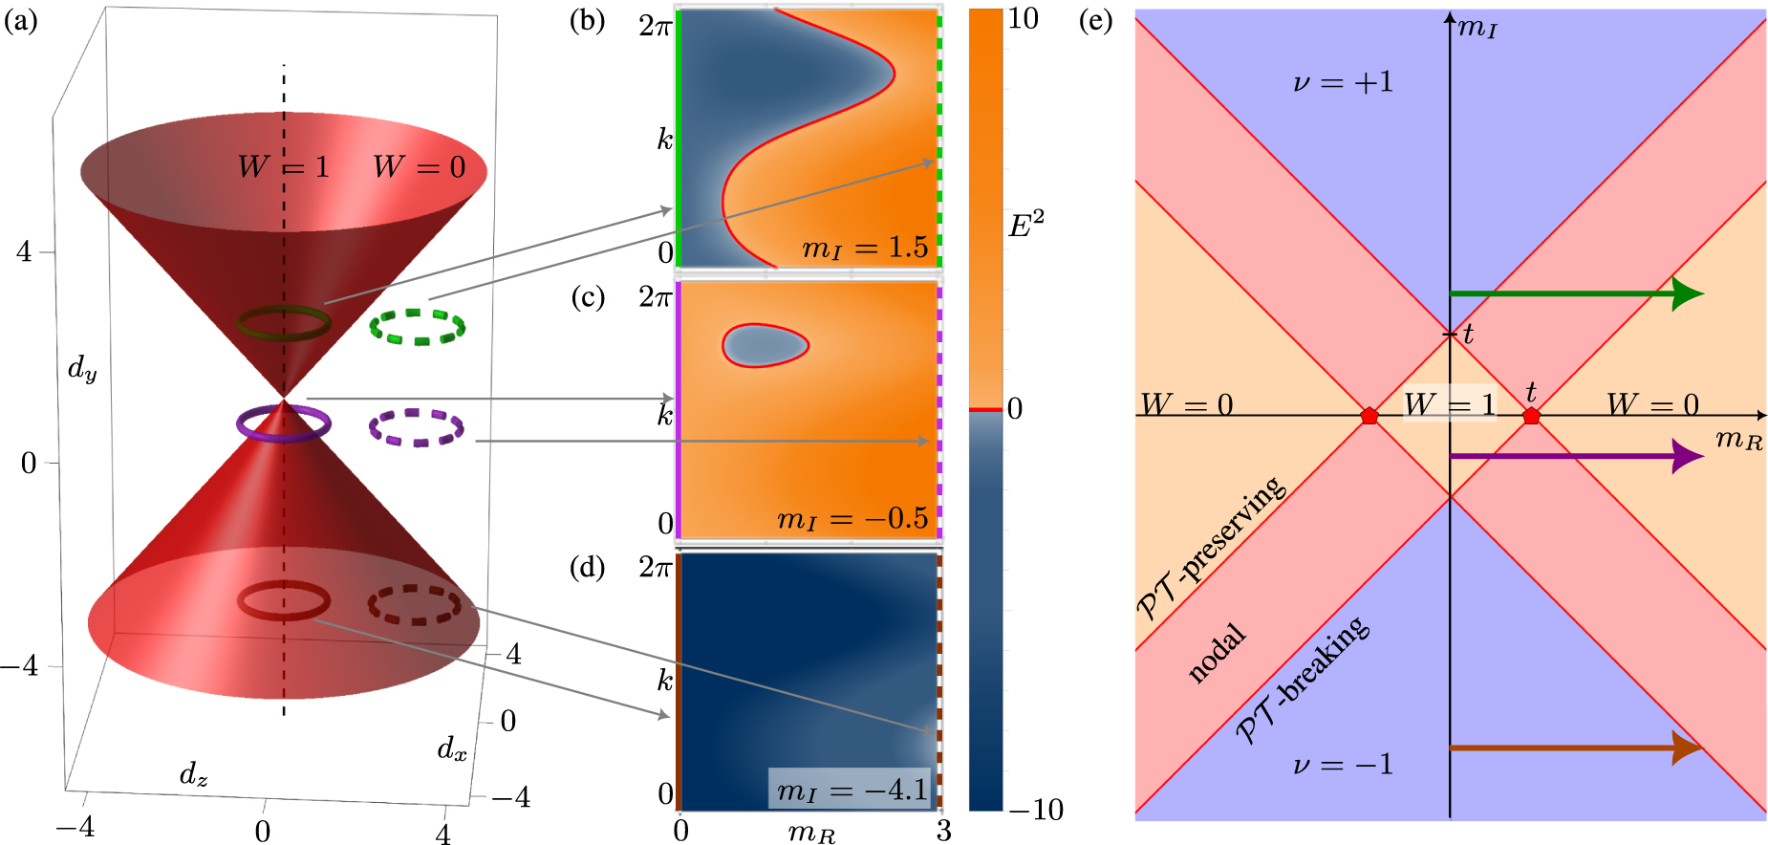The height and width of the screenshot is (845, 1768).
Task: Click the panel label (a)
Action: [21, 20]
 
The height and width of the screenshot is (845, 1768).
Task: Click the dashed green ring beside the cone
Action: [418, 326]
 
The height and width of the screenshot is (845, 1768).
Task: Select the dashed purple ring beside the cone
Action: [417, 427]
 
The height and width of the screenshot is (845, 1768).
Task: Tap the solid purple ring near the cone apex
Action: [284, 422]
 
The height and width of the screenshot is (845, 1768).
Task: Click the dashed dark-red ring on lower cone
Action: [415, 604]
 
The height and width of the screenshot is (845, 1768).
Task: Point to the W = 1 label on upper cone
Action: [284, 167]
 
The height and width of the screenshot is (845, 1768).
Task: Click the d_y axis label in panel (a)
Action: [82, 368]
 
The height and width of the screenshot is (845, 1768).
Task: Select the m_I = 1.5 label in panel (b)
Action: [865, 249]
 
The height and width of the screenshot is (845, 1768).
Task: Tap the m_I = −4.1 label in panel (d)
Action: [852, 790]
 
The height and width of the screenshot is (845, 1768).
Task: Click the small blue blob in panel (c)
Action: [765, 345]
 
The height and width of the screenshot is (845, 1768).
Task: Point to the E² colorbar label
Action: [1026, 226]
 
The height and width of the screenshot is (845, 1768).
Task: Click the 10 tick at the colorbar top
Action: [1023, 19]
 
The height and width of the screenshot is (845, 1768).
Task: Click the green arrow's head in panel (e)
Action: [1688, 293]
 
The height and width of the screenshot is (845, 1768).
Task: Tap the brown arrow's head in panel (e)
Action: [1688, 747]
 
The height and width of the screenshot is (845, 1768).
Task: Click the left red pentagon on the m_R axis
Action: [1369, 415]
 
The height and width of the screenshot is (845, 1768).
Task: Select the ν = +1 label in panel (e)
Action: [1343, 83]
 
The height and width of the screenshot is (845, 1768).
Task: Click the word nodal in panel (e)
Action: [1217, 653]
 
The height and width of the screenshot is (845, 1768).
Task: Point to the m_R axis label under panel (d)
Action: [811, 834]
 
